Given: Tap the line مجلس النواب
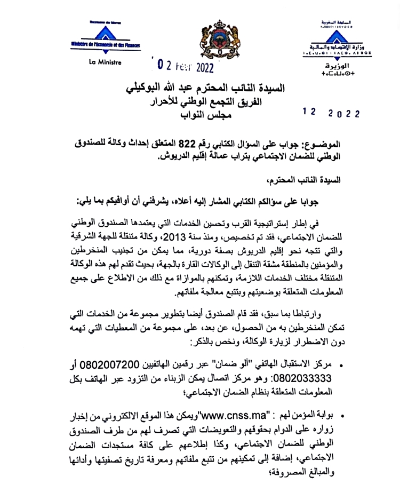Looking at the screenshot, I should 222,113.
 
